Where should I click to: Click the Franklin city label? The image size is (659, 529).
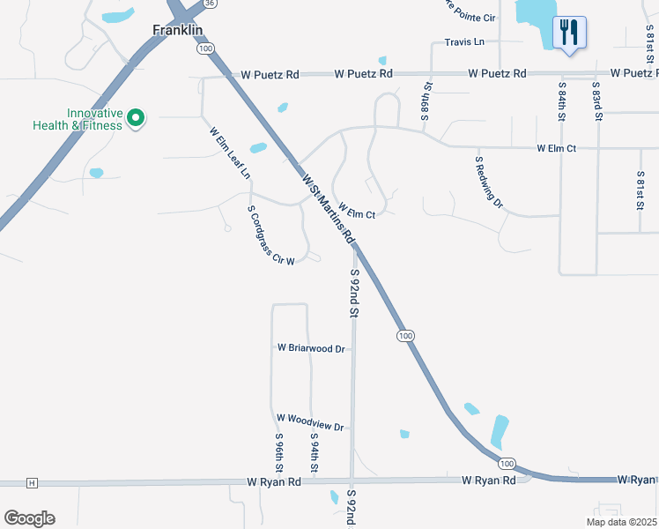177,29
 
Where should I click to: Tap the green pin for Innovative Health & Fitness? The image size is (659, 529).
136,117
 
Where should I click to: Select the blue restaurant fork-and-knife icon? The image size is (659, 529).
568,34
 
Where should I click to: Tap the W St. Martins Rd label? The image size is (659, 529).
328,210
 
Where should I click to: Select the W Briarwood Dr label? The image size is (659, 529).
311,348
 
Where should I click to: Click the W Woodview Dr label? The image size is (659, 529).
310,422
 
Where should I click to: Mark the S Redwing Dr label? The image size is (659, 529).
488,183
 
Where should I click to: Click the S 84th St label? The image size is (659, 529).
561,101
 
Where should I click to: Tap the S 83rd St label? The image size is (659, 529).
596,101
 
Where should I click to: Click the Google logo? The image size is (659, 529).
29,518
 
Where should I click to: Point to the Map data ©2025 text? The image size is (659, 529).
620,522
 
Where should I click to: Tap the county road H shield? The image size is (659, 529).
32,483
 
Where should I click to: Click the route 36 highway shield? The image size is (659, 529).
209,4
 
